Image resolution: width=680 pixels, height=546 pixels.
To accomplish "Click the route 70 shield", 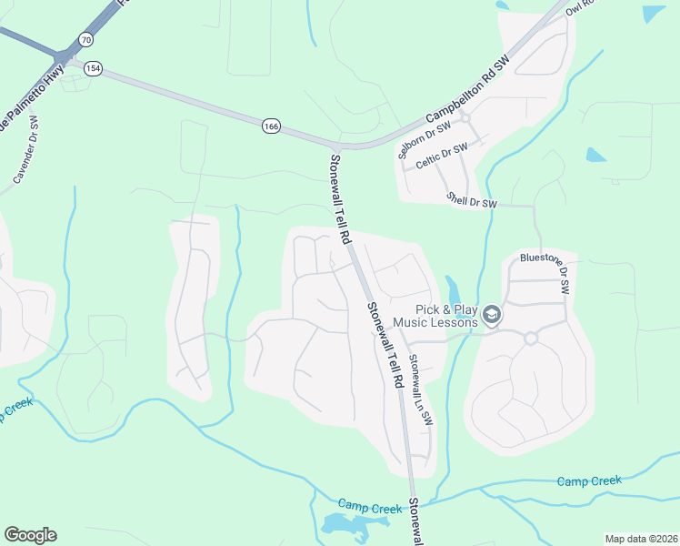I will coord(85,40).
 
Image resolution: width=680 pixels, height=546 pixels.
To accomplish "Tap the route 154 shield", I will coord(93,68).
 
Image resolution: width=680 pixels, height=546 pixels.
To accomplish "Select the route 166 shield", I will coord(271,126).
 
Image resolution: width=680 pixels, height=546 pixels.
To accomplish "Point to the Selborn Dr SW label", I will coord(421,138).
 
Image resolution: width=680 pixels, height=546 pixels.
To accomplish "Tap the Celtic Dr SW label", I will coord(442,156).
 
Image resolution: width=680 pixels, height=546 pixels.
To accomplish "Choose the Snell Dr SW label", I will coord(474,200).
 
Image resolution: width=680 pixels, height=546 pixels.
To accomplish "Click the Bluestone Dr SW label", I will coord(545,271).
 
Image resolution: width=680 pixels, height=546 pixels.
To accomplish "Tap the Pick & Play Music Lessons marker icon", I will coord(492,315).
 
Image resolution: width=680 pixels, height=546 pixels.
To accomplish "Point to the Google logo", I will coord(30,535).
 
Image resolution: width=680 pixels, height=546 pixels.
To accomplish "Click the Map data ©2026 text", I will coord(641,539).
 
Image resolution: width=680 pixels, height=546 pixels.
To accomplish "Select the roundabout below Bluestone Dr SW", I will coord(531,338).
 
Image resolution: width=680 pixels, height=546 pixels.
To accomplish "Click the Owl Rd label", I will coord(578,7).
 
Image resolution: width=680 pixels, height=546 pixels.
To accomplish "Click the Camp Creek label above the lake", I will coord(369,506).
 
